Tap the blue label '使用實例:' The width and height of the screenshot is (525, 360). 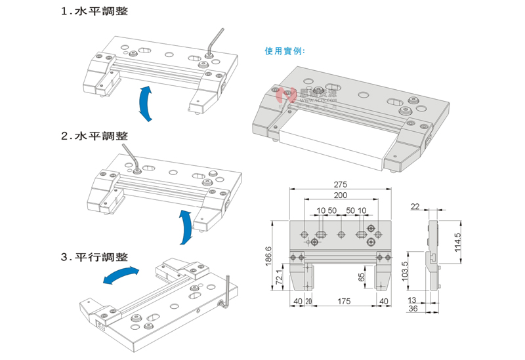coord(285,51)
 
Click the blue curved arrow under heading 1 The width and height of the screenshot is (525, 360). coord(147,102)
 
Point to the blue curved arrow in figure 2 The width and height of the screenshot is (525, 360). coord(186,227)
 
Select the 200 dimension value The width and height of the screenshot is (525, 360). coord(339,196)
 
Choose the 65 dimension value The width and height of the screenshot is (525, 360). coord(361,277)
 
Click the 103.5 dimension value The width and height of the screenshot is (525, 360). coord(404,270)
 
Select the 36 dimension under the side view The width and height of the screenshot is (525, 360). coord(413,308)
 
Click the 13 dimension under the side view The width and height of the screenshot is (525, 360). coord(413,300)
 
